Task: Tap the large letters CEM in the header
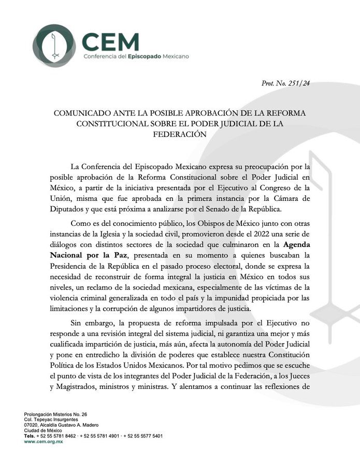point(111,39)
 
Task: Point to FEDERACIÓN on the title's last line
point(180,133)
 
